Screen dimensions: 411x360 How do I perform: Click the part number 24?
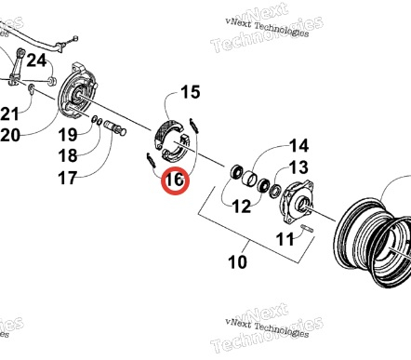tap(36, 60)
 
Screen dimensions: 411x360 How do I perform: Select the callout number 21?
tap(9, 113)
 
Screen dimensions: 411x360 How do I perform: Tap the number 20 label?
tap(10, 135)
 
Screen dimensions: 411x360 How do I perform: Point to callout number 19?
tap(68, 135)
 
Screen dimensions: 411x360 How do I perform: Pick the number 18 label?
tap(68, 155)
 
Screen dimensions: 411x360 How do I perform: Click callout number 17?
tap(67, 178)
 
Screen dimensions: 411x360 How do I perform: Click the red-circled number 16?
tap(175, 180)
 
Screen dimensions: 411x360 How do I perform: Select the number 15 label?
tap(190, 92)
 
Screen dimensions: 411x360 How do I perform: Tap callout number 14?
tap(298, 146)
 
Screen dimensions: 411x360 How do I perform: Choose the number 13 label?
tap(298, 167)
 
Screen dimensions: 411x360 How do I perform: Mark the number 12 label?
tap(241, 207)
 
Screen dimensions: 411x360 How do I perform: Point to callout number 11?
tap(285, 239)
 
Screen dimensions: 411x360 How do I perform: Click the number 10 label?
tap(237, 262)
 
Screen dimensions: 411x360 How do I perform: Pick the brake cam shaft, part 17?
tap(115, 127)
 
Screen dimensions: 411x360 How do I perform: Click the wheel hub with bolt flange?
tap(297, 202)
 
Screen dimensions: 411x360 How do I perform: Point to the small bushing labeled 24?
tap(52, 81)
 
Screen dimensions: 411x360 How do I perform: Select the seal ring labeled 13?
tap(275, 191)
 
